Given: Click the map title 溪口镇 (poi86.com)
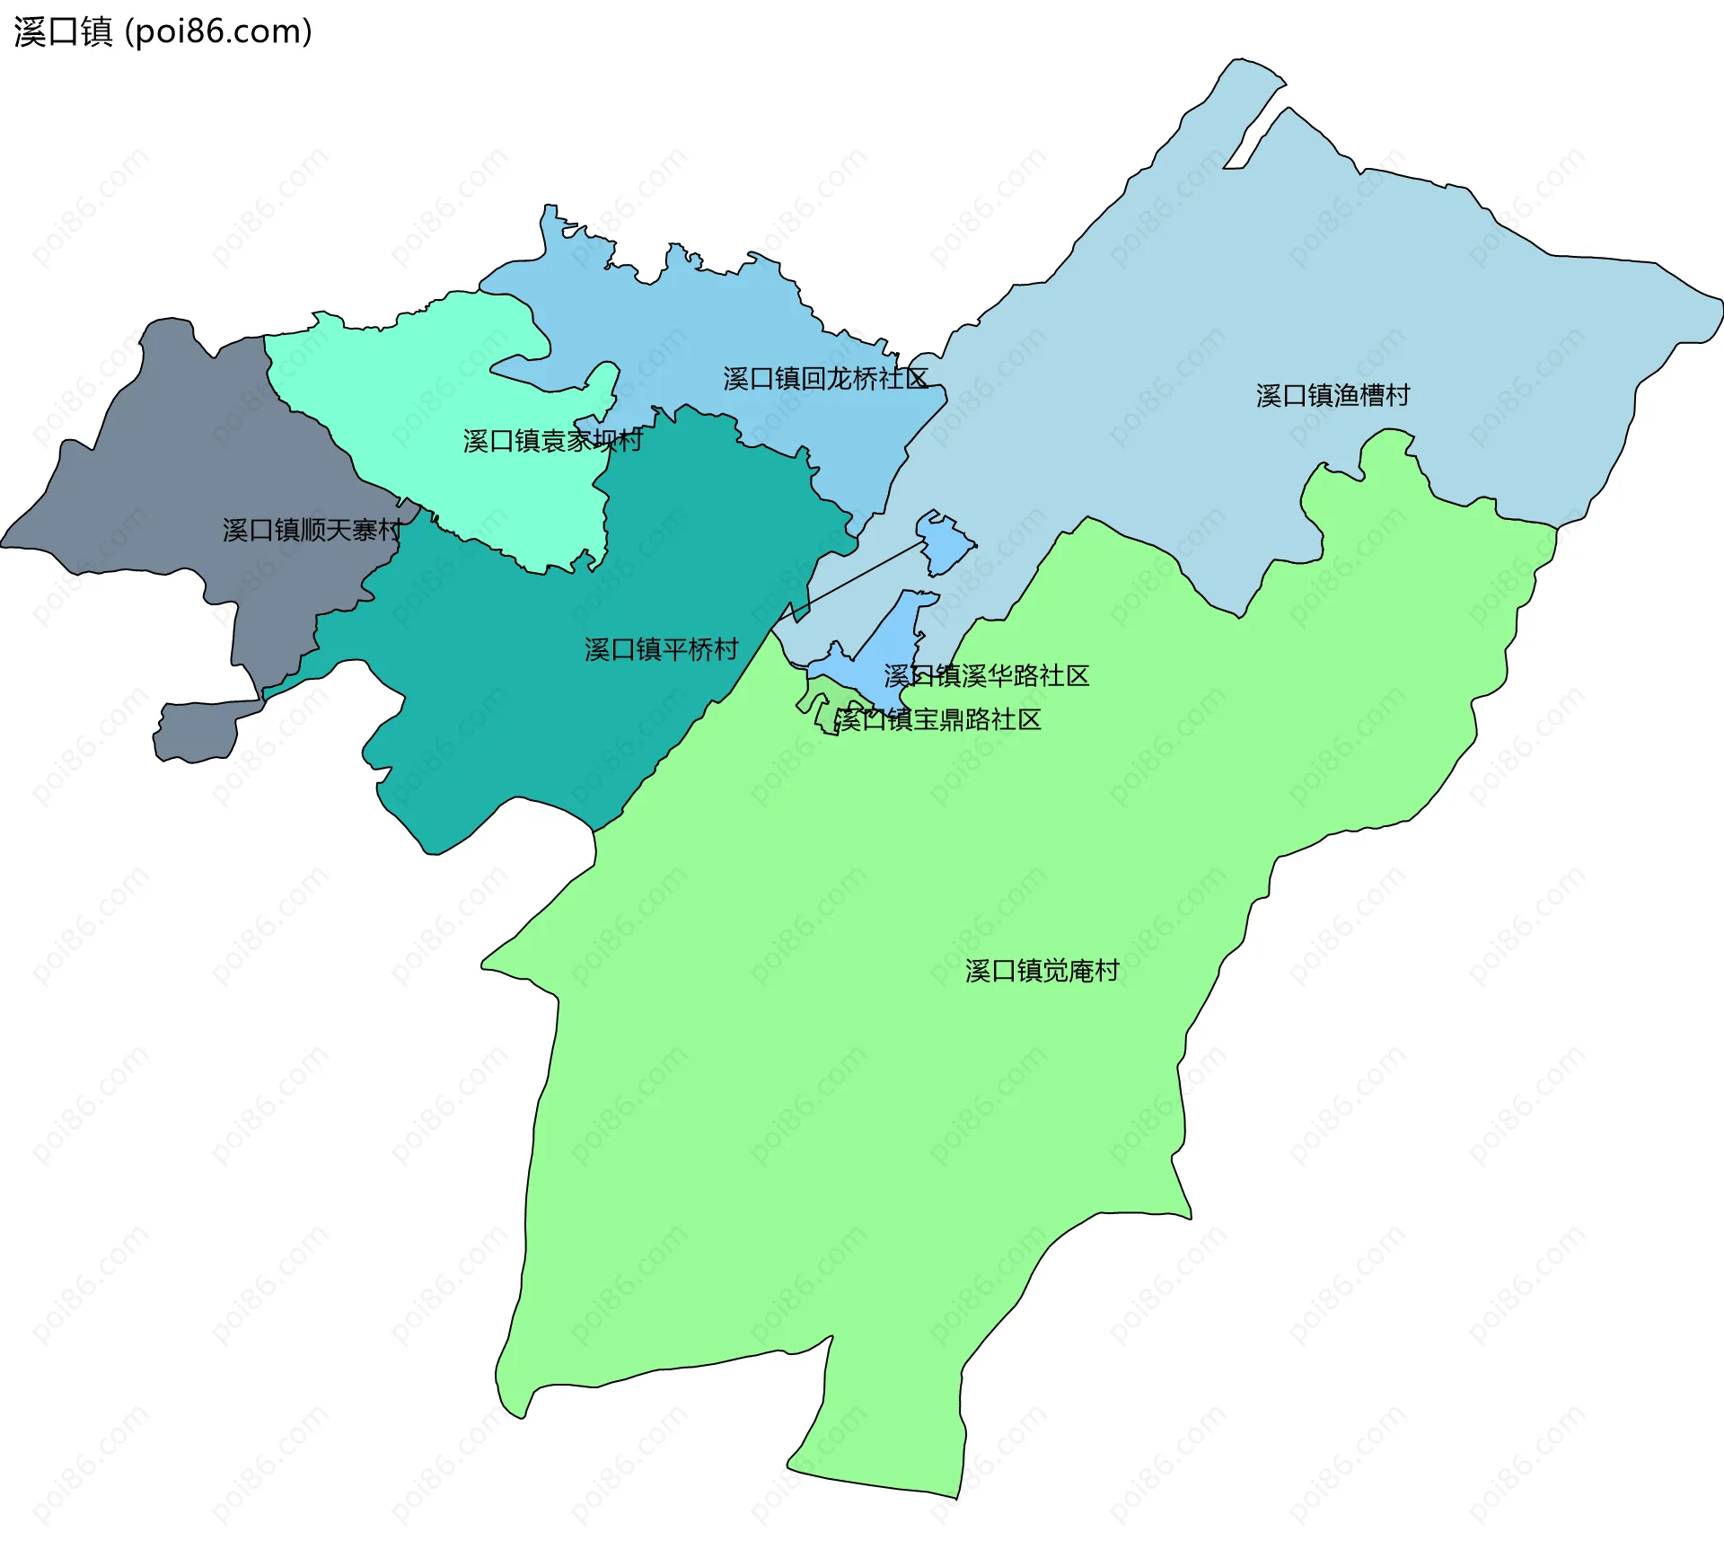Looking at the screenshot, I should (x=163, y=31).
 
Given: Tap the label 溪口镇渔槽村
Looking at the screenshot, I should (x=1333, y=395).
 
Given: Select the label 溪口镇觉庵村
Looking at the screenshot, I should (x=1042, y=971).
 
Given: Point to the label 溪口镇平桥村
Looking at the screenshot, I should (x=661, y=649).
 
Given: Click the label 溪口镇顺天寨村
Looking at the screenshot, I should (x=312, y=530).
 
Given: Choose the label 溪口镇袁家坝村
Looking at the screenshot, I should (x=552, y=440).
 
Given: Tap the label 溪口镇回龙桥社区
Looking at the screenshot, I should (x=825, y=378).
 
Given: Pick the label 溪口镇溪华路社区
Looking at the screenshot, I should (x=986, y=675).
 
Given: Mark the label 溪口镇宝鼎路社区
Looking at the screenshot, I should (x=937, y=719).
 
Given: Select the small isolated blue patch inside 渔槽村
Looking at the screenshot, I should (x=946, y=542).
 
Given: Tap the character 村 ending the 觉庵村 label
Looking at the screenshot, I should (x=1106, y=971).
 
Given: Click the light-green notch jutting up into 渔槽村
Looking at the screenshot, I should (x=1387, y=467).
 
